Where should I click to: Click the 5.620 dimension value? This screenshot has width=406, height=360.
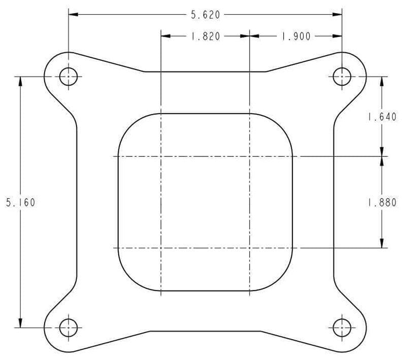pyautogui.click(x=206, y=15)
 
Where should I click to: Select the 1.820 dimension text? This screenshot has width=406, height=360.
pyautogui.click(x=206, y=37)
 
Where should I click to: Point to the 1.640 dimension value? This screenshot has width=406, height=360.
pyautogui.click(x=382, y=117)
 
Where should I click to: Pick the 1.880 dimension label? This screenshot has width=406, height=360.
pyautogui.click(x=382, y=202)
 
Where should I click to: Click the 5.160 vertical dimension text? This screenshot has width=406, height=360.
pyautogui.click(x=20, y=202)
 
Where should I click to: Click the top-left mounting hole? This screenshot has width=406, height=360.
pyautogui.click(x=69, y=77)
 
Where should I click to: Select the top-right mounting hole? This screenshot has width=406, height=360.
pyautogui.click(x=342, y=77)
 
